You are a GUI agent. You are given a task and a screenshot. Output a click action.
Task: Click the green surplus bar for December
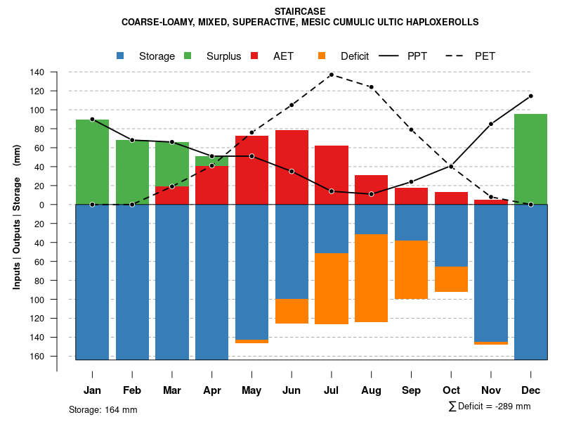[x=530, y=159]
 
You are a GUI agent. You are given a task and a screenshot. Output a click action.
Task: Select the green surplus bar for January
[x=92, y=162]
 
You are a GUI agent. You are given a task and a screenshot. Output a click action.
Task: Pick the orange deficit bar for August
[x=371, y=278]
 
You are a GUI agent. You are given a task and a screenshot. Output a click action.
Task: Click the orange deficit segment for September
[x=411, y=269]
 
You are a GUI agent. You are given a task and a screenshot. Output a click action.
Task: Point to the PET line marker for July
[x=331, y=75]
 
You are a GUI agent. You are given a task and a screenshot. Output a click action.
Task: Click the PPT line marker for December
[x=530, y=96]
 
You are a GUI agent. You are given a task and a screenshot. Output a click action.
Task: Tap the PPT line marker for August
[x=371, y=194]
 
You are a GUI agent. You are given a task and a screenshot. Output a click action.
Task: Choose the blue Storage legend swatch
[x=121, y=56]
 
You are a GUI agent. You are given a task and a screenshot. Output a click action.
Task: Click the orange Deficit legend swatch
[x=322, y=56]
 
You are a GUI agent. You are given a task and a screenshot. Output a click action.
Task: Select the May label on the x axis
[x=251, y=390]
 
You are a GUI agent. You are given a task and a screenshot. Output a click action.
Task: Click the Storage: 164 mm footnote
[x=103, y=409]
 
